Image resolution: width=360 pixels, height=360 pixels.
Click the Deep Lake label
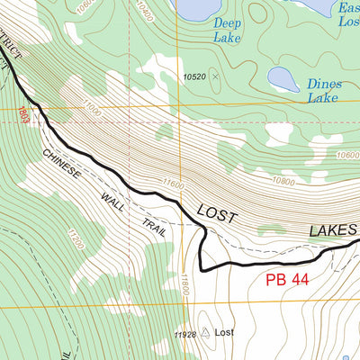(x=227, y=30)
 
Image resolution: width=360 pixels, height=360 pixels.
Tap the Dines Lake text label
(x=323, y=91)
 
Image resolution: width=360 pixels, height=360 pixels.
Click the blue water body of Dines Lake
(x=283, y=79)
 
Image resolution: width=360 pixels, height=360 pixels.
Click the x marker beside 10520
(x=214, y=77)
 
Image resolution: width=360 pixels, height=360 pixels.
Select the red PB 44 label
(x=287, y=280)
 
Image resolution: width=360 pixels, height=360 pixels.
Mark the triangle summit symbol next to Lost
(x=205, y=333)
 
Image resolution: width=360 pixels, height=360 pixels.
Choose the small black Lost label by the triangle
(x=225, y=333)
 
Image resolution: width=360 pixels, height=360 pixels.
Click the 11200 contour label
(x=76, y=239)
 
